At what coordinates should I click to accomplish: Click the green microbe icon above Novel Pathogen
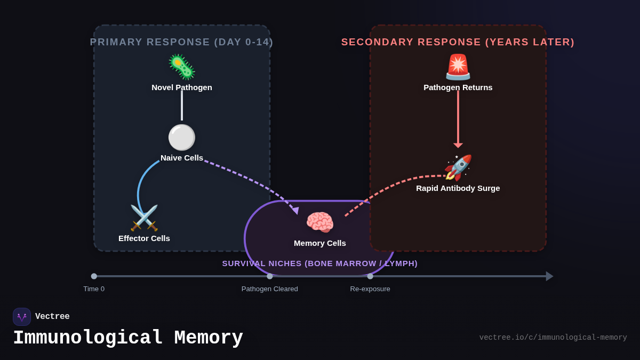coord(182,67)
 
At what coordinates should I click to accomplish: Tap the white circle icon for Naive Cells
coord(182,138)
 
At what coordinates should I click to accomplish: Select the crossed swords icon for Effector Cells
coord(144,218)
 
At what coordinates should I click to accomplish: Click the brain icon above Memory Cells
coord(320,222)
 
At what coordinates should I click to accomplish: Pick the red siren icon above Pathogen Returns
coord(458,67)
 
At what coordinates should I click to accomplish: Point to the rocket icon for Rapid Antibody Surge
coord(458,167)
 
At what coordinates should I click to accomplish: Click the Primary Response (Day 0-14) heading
coord(182,42)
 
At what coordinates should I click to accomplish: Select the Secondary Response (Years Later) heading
coord(458,42)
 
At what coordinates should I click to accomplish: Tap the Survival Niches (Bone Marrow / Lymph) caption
coord(320,263)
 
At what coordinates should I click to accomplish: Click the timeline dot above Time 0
coord(94,276)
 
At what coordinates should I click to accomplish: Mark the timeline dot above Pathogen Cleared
coord(270,276)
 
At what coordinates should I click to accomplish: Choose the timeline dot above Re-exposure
coord(370,276)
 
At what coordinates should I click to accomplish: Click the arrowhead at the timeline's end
coord(549,276)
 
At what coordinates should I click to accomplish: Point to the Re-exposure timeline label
coord(370,289)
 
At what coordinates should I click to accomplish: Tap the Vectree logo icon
coord(22,317)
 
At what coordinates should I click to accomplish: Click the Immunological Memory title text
coord(128,338)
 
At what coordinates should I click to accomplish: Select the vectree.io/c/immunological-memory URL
coord(553,338)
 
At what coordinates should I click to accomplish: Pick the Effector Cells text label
coord(144,238)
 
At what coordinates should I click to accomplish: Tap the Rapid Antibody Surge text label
coord(458,188)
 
